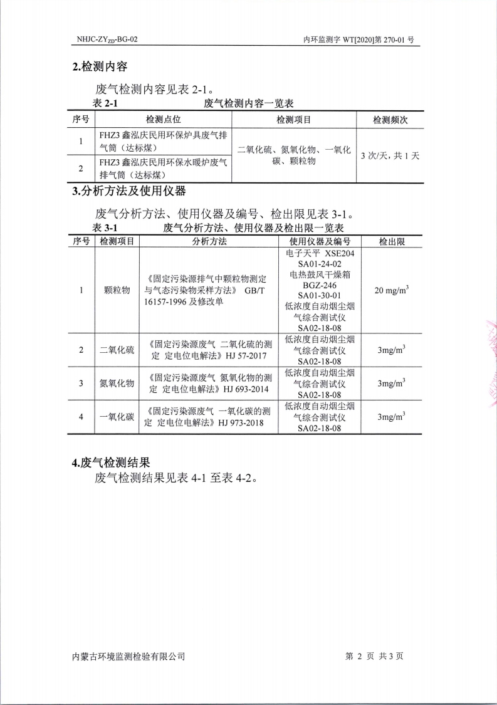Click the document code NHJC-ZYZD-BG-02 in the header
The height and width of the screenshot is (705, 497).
(x=107, y=39)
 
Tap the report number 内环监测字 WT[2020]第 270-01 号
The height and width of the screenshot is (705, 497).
(x=358, y=39)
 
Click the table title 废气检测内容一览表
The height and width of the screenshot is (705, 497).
(x=249, y=103)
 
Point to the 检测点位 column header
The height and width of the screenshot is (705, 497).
(x=163, y=120)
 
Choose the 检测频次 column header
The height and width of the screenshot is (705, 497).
(x=390, y=120)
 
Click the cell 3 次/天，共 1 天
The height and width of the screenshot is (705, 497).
(x=390, y=155)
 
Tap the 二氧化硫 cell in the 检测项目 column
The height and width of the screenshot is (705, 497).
(x=117, y=350)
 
